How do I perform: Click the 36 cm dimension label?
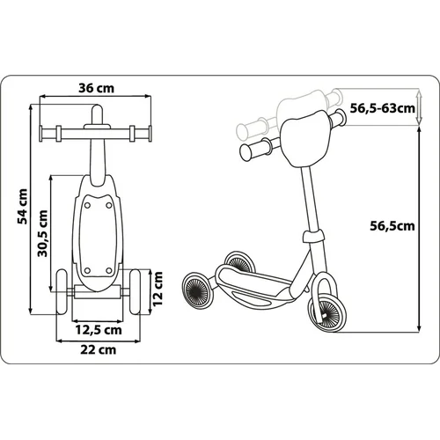pyautogui.click(x=96, y=88)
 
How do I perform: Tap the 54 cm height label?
pyautogui.click(x=23, y=207)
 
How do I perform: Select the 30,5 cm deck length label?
pyautogui.click(x=43, y=233)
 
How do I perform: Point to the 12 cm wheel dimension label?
pyautogui.click(x=158, y=289)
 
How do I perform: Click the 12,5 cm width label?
pyautogui.click(x=99, y=330)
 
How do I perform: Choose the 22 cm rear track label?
pyautogui.click(x=99, y=349)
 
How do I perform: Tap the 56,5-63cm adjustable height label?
pyautogui.click(x=383, y=108)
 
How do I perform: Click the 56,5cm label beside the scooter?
pyautogui.click(x=392, y=226)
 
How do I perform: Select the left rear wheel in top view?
pyautogui.click(x=62, y=292)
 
